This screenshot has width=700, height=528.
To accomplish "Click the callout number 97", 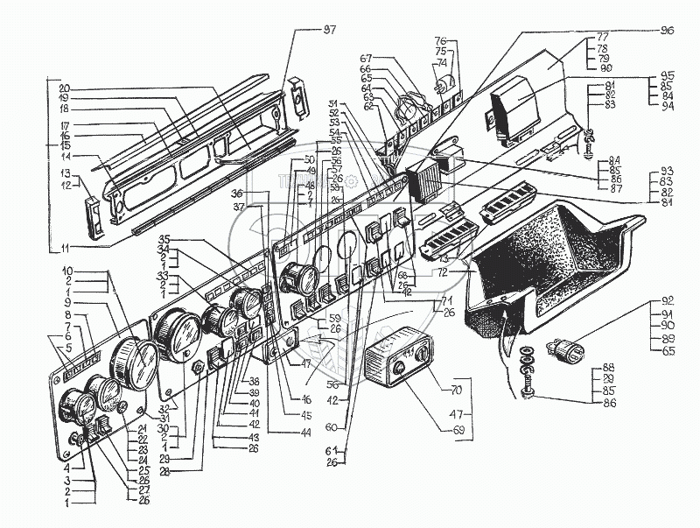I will click(329, 29).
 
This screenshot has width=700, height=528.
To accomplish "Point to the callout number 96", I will click(668, 29).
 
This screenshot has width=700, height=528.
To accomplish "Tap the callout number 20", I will click(65, 88).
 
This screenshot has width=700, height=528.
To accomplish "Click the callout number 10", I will click(66, 272).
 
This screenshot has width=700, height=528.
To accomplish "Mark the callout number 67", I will click(367, 58).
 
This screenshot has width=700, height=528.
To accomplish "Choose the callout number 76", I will click(441, 41).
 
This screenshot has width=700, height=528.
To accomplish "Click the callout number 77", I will click(603, 38).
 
